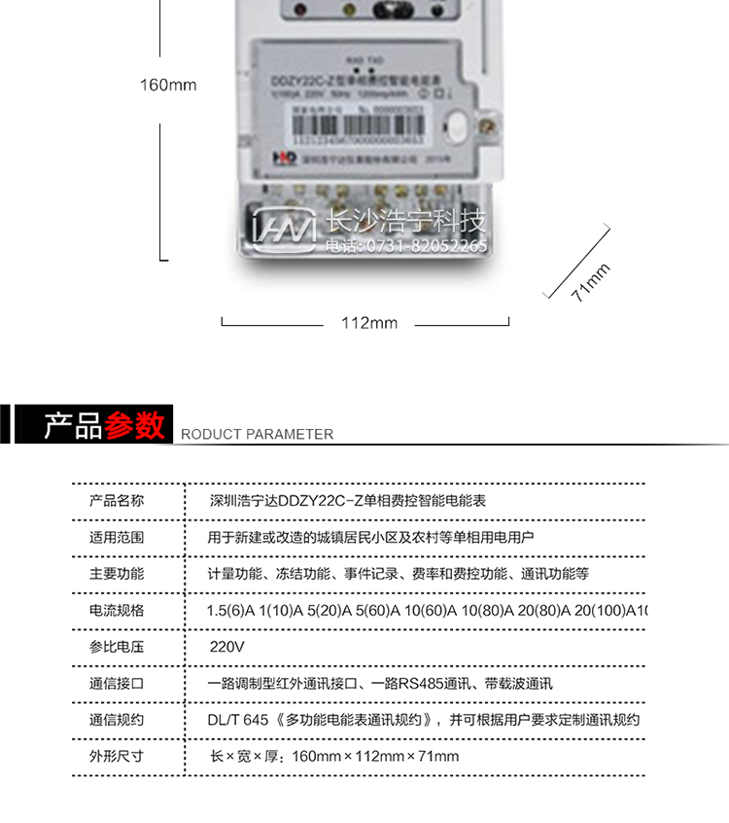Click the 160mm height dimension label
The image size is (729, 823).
click(x=167, y=85)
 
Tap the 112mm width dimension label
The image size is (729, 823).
click(x=368, y=323)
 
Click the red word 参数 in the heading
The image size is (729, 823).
click(x=136, y=426)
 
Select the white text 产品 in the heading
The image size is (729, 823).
click(x=73, y=426)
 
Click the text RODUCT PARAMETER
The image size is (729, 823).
click(x=257, y=435)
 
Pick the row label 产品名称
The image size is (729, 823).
click(x=117, y=501)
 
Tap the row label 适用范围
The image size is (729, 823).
click(x=117, y=537)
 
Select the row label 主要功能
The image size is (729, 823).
click(x=117, y=574)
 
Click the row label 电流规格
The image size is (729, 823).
click(x=117, y=610)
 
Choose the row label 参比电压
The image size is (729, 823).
click(x=117, y=647)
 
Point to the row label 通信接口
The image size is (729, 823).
click(x=117, y=684)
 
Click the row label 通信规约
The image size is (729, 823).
click(x=117, y=720)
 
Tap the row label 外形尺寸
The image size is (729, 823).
click(x=117, y=756)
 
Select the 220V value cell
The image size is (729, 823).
click(x=227, y=647)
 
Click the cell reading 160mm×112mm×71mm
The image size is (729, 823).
click(x=334, y=756)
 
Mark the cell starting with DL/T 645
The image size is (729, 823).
click(x=424, y=720)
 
